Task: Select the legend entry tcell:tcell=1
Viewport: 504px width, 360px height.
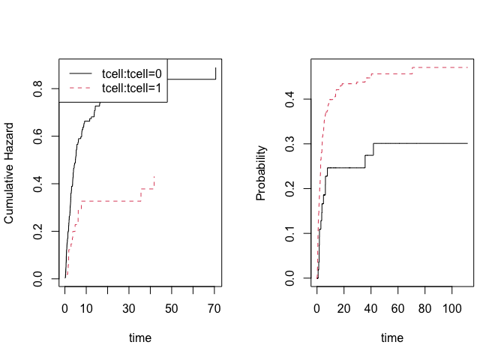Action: [133, 88]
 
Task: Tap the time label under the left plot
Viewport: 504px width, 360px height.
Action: [139, 337]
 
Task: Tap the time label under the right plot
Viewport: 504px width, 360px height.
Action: [391, 337]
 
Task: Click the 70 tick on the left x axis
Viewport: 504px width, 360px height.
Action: [214, 308]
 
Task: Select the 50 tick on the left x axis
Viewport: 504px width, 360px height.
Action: [172, 308]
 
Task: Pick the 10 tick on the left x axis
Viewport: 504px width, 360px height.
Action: [86, 308]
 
